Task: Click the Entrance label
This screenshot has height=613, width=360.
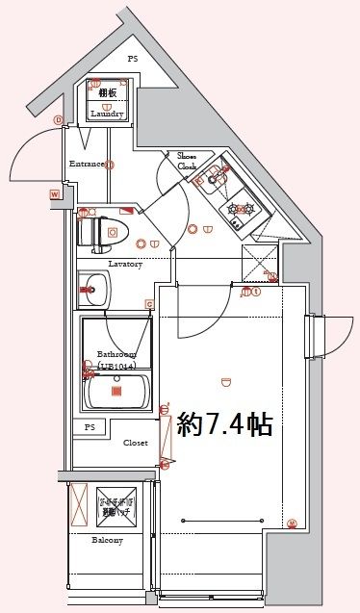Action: point(86,164)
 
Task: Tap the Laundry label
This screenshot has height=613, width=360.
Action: point(107,114)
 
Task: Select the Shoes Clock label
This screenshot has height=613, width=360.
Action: point(187,160)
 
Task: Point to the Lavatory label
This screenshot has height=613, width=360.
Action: point(125,263)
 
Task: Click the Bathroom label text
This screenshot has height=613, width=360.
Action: point(116,355)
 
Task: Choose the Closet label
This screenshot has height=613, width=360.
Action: point(135,443)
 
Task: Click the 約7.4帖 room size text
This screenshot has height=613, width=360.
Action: point(225,424)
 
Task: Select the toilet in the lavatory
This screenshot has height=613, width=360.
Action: point(100,232)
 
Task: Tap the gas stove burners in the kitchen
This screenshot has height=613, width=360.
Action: point(238,207)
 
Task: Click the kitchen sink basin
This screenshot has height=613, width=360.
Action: point(213,174)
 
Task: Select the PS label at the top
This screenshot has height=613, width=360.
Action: point(133,58)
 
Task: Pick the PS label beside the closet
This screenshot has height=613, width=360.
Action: point(90,426)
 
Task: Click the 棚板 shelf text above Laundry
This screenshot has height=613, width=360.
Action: point(106,92)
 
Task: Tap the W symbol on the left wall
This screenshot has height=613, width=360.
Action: point(55,195)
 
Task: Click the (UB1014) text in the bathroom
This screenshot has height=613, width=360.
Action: point(116,367)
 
